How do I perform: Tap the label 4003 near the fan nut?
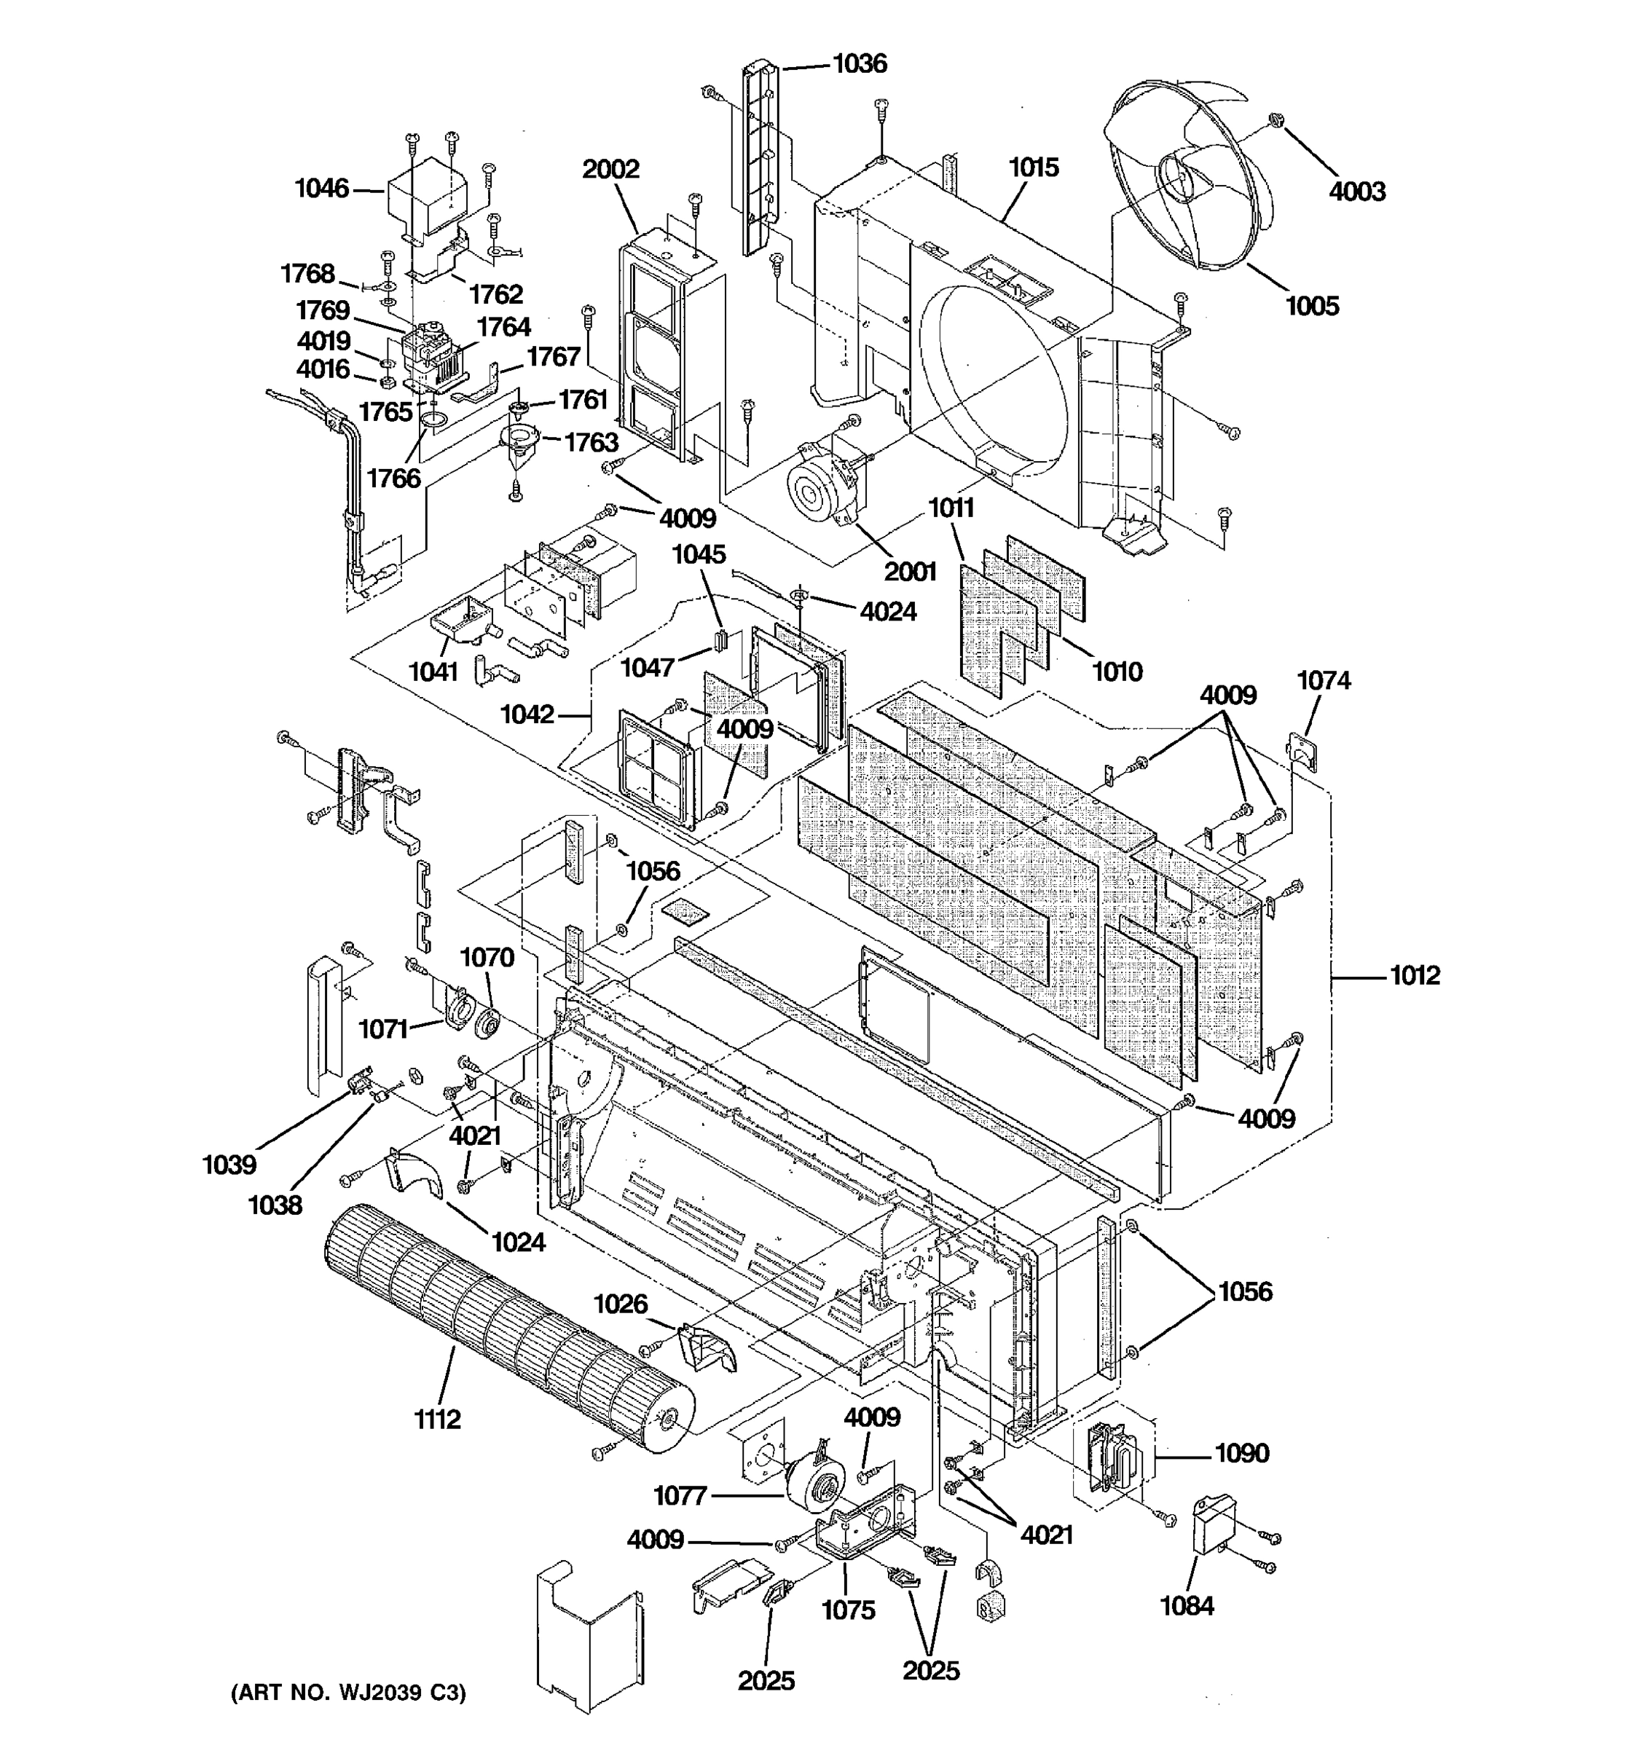click(x=1357, y=191)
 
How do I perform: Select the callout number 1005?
click(x=1311, y=306)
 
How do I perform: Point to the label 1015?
click(x=1033, y=167)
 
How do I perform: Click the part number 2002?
click(x=610, y=169)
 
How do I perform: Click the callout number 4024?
click(x=888, y=611)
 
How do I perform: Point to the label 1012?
click(x=1414, y=975)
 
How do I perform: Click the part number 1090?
click(x=1241, y=1452)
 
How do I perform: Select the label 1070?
click(x=487, y=958)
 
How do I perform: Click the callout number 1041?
click(x=433, y=672)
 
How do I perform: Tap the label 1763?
click(x=591, y=441)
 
